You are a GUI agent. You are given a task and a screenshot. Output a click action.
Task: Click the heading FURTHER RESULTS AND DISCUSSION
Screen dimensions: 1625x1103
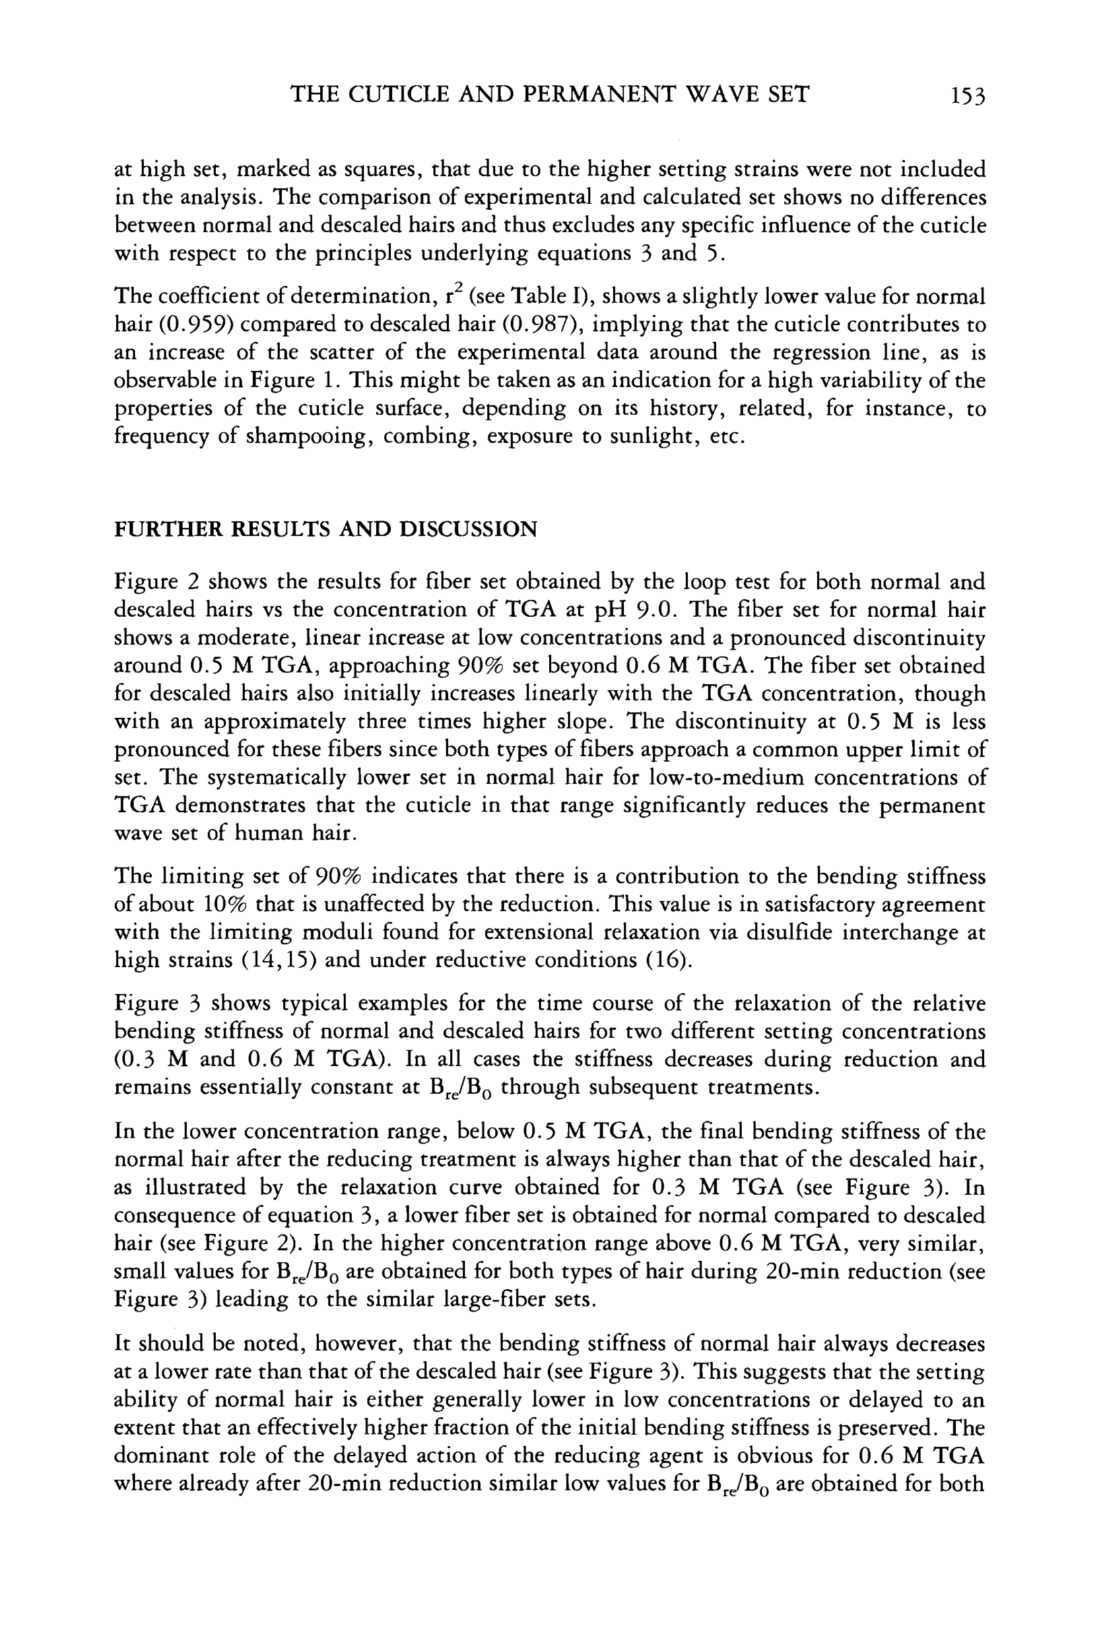326,530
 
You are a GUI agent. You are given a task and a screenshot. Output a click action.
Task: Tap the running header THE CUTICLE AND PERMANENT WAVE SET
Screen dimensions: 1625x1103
549,94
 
